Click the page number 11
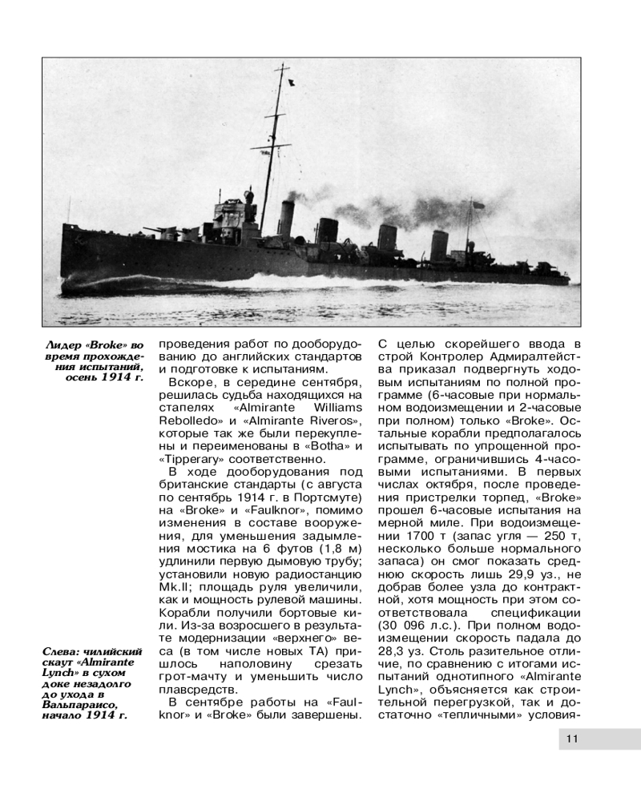[572, 738]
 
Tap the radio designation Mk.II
[172, 585]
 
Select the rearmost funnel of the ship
[438, 244]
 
